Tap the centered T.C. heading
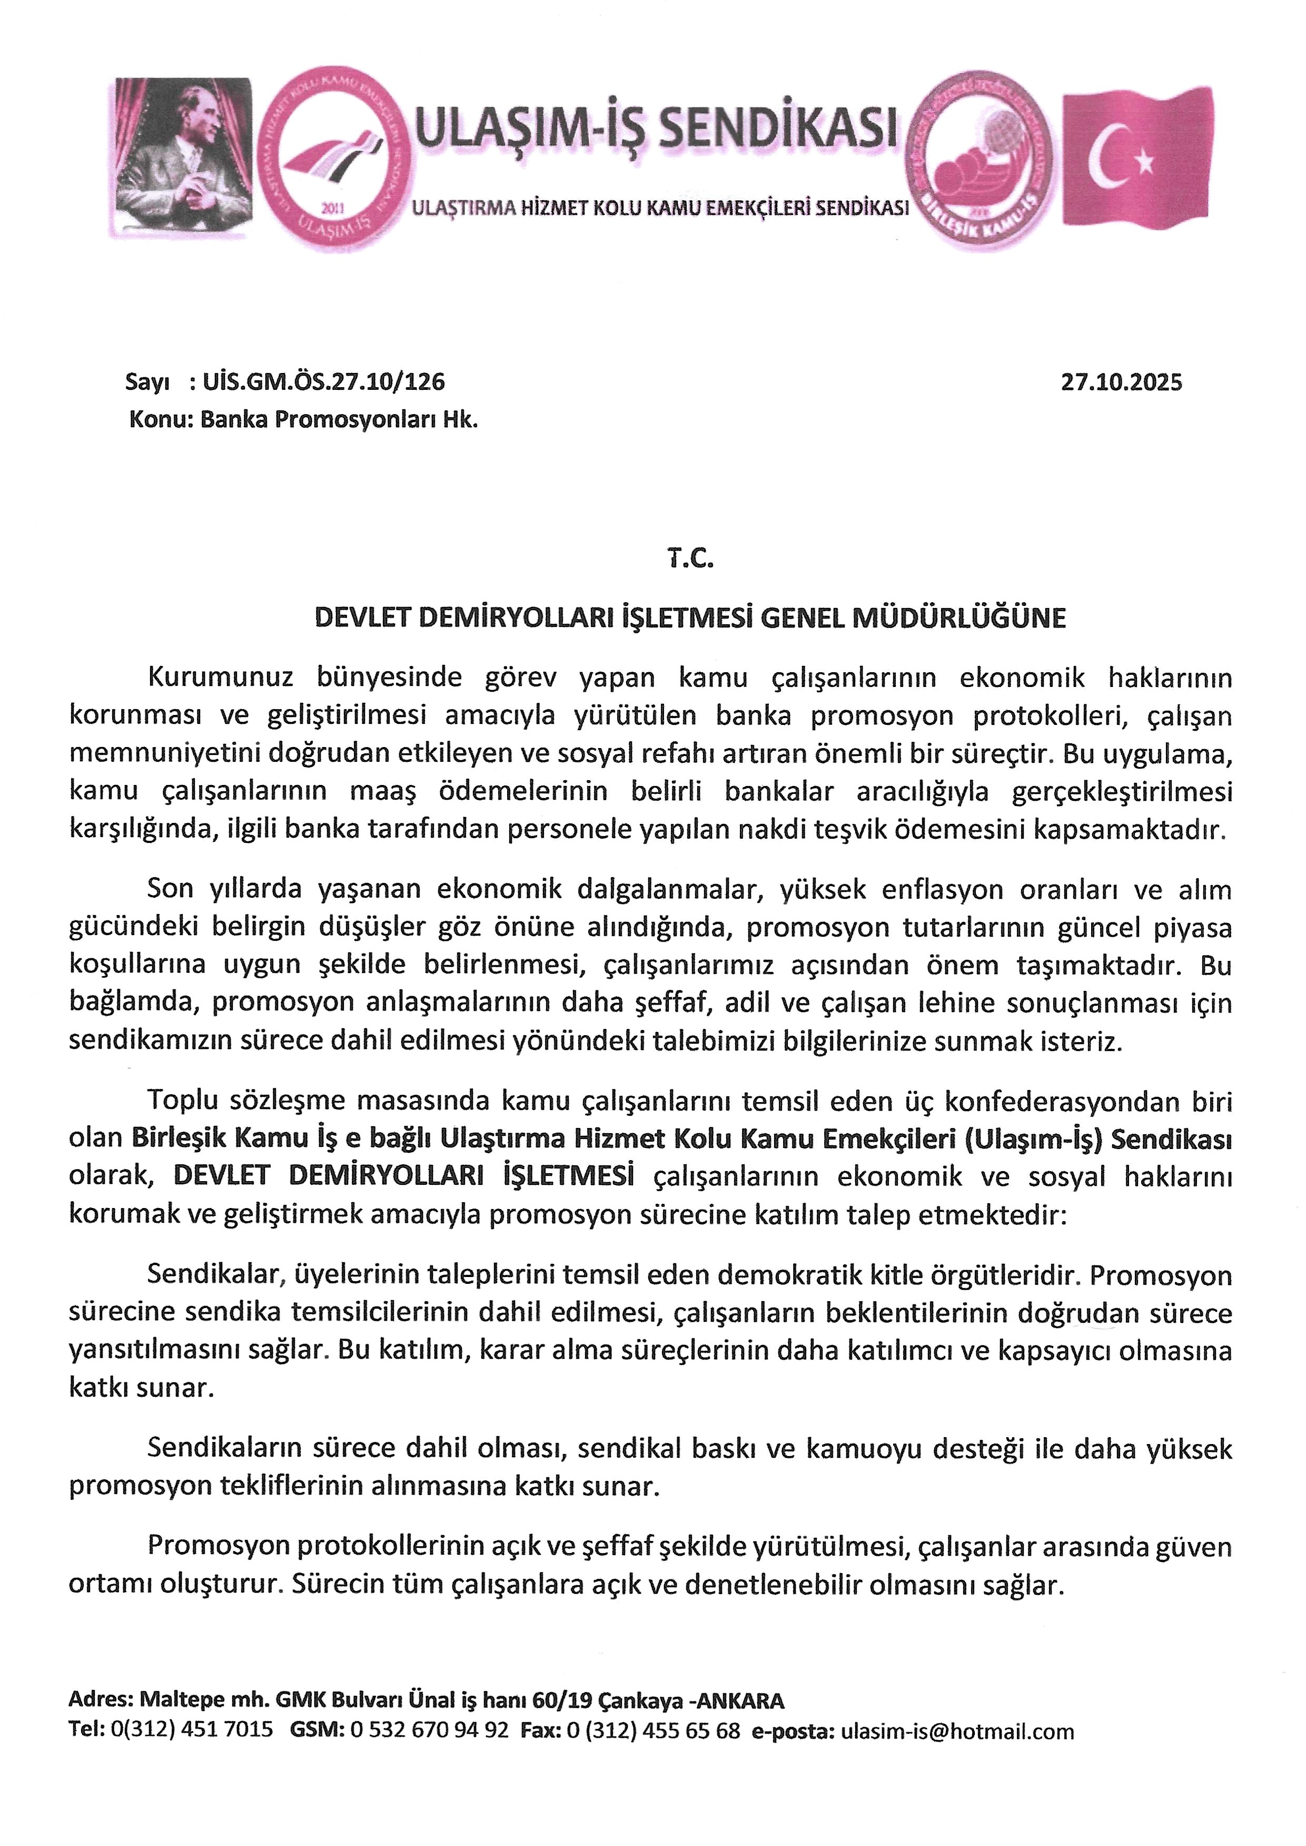(690, 559)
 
